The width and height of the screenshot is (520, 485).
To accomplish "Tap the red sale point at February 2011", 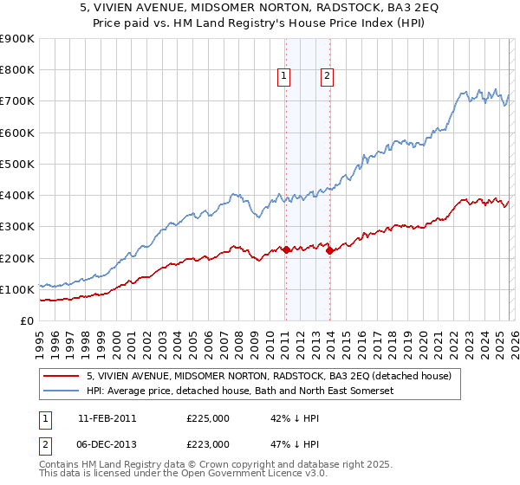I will (286, 250).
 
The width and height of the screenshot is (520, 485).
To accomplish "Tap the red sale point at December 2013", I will (329, 251).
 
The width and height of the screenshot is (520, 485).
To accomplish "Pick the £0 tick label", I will (26, 320).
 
